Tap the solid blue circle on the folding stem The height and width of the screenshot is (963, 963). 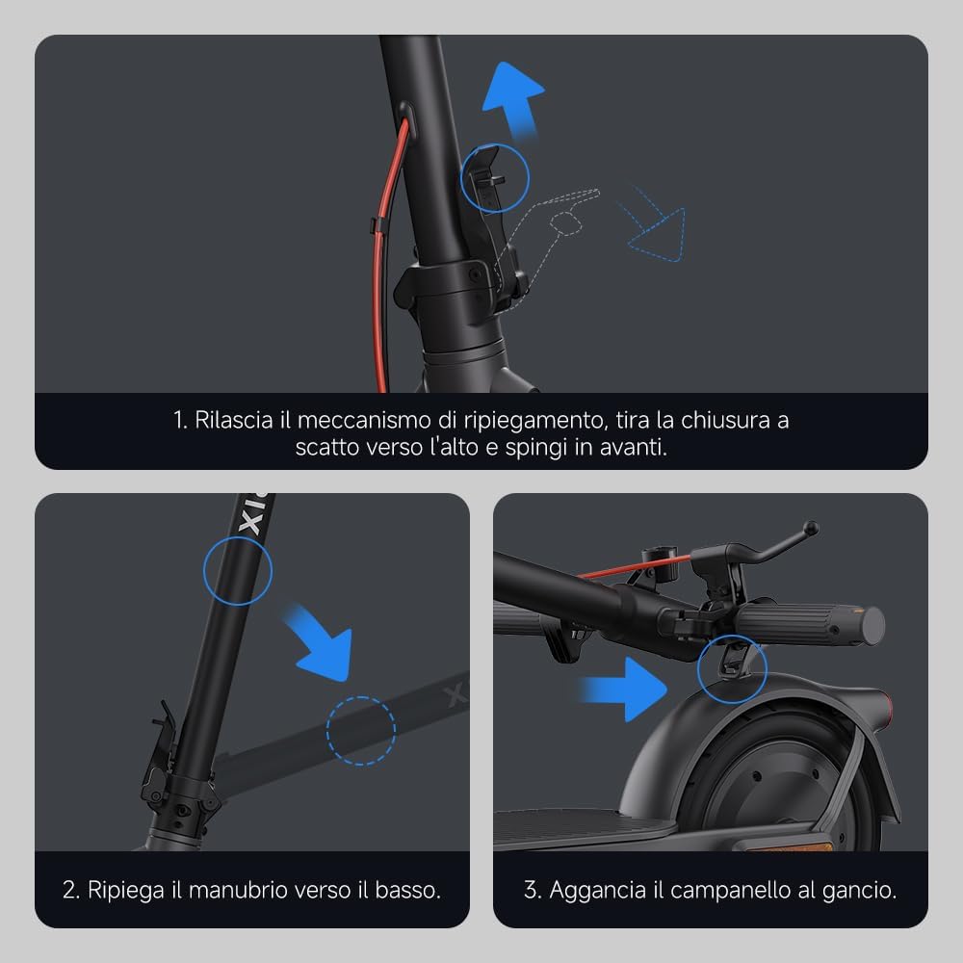point(238,573)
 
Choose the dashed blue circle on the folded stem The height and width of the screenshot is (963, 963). point(360,731)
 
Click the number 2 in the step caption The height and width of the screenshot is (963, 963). point(69,889)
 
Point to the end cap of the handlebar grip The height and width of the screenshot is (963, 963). point(873,625)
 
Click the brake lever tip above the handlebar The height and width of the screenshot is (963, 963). point(811,528)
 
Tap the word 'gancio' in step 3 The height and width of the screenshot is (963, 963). point(859,889)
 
